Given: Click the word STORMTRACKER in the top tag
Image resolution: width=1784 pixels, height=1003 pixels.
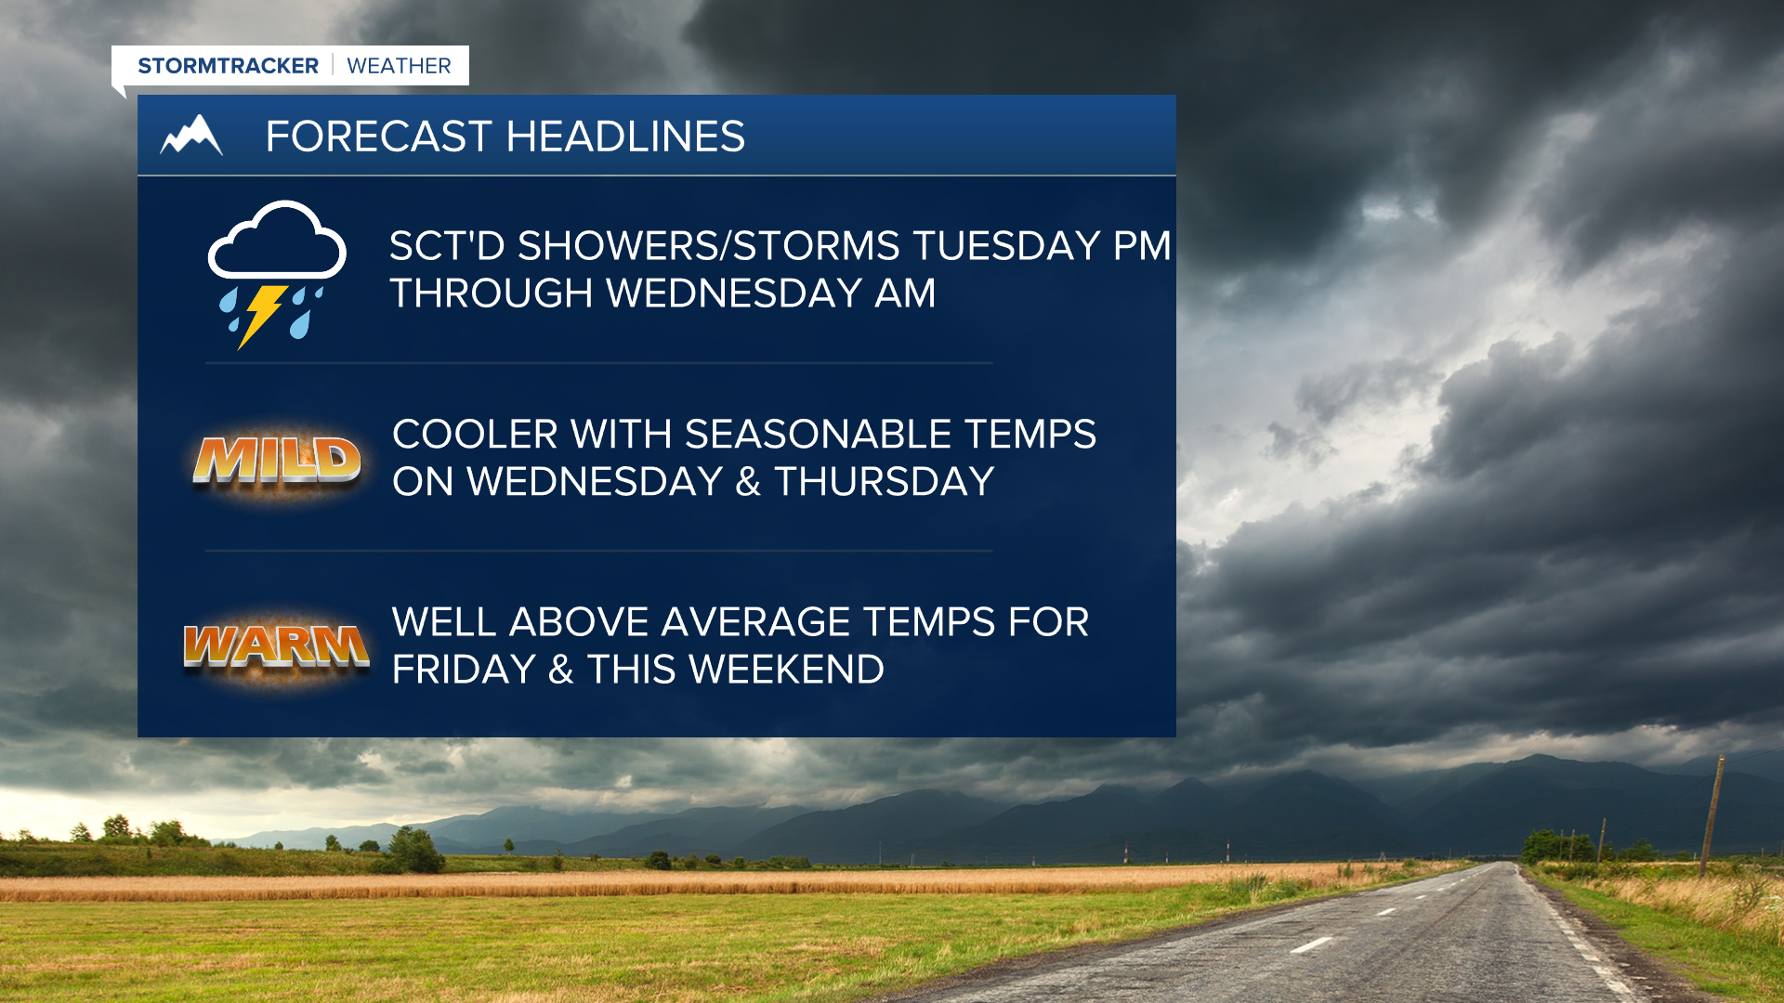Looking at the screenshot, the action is pos(228,66).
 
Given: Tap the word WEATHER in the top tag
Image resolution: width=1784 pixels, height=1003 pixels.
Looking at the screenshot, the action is pos(399,66).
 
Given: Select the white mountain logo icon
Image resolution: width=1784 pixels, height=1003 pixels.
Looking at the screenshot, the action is pos(191,135).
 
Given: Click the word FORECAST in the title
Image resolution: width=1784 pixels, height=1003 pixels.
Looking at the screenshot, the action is pos(378,137).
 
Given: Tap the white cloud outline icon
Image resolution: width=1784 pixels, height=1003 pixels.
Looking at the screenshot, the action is pos(277,240).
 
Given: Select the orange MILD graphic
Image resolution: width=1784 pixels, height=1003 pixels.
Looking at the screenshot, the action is pos(277,461).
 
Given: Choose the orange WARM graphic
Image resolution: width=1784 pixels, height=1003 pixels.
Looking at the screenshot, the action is pos(276,645).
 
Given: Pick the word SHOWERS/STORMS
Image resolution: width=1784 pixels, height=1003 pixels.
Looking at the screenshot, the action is pos(708,246).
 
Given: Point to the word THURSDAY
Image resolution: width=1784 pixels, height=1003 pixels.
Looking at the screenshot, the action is pos(885,482).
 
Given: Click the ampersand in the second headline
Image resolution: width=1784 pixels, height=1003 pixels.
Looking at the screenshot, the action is pos(748,482).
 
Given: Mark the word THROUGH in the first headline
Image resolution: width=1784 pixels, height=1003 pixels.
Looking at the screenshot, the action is pos(492,293).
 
